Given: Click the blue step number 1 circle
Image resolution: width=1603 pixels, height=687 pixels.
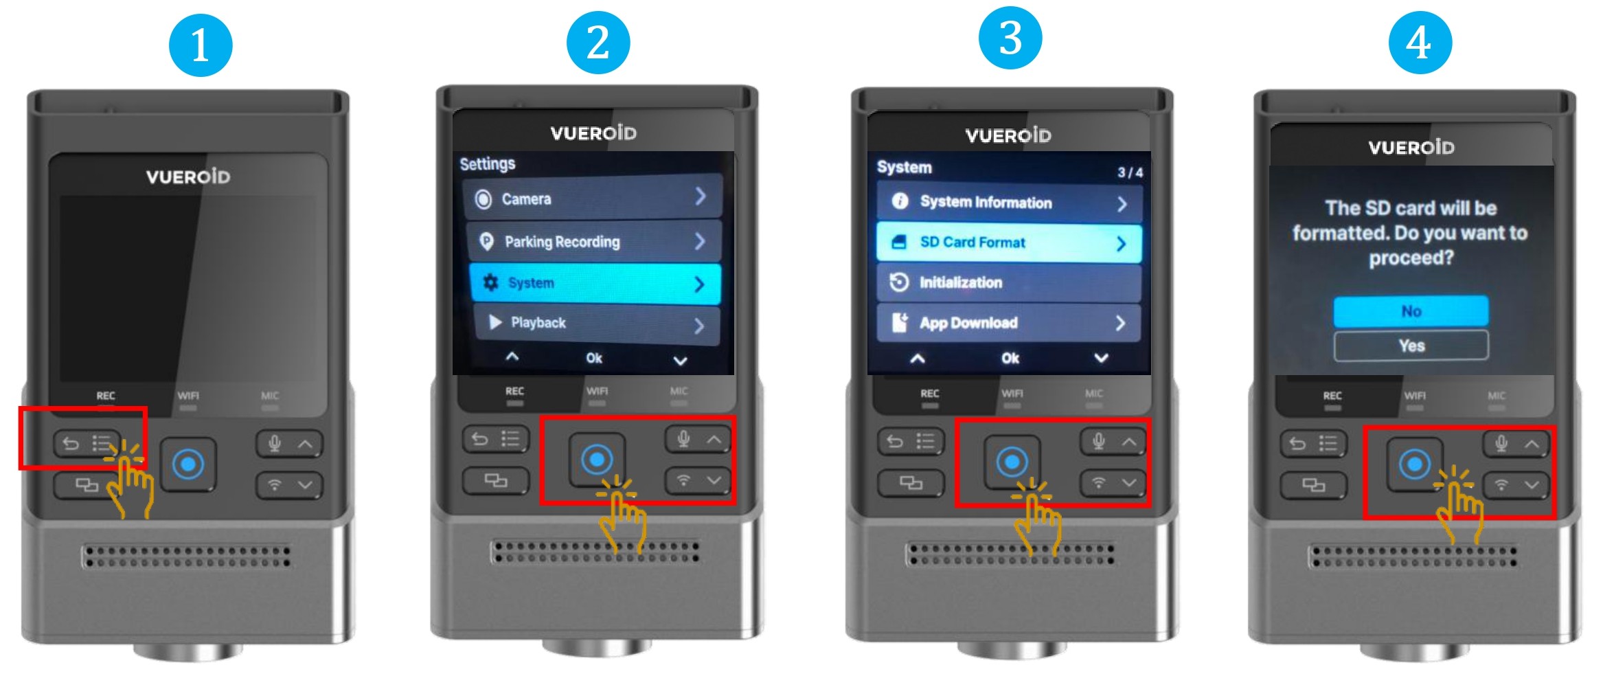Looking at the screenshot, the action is click(x=201, y=45).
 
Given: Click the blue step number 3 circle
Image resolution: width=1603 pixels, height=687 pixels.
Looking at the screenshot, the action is click(x=1010, y=38).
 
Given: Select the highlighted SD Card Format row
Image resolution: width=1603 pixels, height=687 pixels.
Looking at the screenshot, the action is click(x=1009, y=243).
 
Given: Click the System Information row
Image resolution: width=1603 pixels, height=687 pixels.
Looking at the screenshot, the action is click(x=1009, y=203).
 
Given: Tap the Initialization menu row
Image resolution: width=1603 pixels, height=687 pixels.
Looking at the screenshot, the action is click(x=1009, y=282).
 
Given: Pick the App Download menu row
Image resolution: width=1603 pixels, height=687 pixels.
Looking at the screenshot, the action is click(x=1009, y=323).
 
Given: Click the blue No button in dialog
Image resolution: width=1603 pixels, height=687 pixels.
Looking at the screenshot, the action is click(x=1411, y=311).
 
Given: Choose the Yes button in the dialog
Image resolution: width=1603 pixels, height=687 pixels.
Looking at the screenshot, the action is click(x=1411, y=346).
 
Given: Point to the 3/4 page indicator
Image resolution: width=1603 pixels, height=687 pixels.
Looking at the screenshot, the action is click(x=1130, y=172).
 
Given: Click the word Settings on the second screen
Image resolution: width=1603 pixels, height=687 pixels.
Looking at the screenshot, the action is click(x=487, y=164).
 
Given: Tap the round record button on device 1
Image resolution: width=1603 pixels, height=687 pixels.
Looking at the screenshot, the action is click(x=188, y=464).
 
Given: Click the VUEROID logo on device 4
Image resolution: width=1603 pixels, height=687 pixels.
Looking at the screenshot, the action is click(x=1411, y=148).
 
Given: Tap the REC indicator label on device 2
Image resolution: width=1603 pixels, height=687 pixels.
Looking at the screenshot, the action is click(x=514, y=391).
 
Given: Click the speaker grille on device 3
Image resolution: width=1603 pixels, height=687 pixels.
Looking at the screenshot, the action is click(x=1009, y=554).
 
